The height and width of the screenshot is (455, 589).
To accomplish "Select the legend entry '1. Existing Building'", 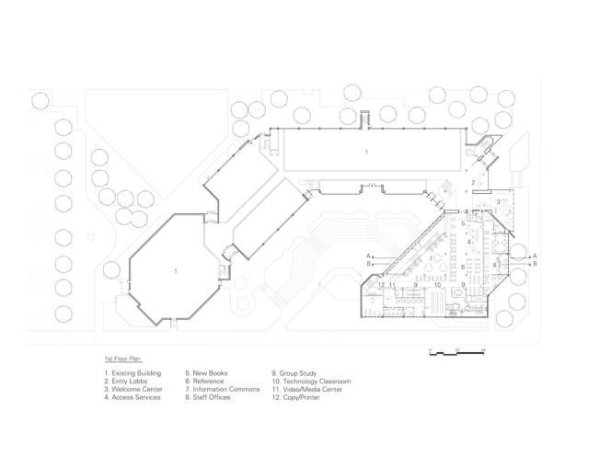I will [133, 372].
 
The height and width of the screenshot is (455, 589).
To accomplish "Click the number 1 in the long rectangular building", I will [366, 150].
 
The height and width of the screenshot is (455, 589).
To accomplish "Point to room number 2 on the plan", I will [473, 183].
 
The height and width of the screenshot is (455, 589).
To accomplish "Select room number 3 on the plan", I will [498, 201].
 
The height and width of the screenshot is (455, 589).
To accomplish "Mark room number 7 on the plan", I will [429, 258].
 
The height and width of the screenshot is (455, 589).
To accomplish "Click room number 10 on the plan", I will [438, 286].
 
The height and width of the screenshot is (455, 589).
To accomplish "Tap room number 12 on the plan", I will [380, 286].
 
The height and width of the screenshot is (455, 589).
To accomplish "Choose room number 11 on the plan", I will [393, 286].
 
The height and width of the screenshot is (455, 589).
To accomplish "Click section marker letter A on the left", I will [367, 255].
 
